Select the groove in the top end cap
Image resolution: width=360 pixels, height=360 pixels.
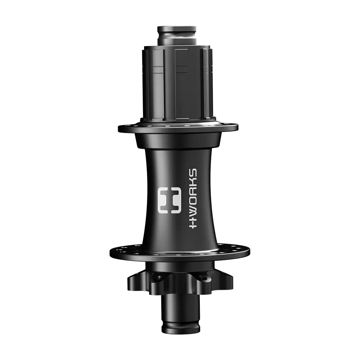pyautogui.click(x=177, y=35)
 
